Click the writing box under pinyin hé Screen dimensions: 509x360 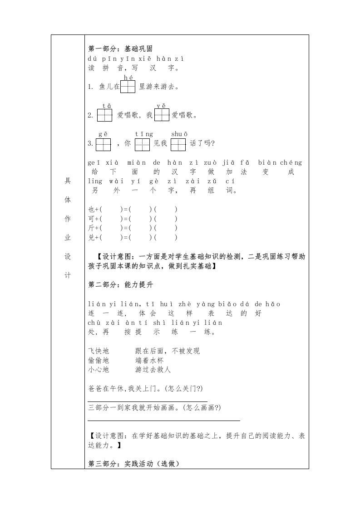click(x=128, y=87)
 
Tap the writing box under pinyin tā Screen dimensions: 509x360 click(x=104, y=115)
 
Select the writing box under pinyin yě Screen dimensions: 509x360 click(x=162, y=115)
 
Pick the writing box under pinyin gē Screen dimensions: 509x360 click(x=103, y=144)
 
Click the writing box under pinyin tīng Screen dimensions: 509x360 click(x=143, y=144)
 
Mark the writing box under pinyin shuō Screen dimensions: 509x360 click(x=178, y=144)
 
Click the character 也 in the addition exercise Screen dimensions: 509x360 click(x=91, y=209)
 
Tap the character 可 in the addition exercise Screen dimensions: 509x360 click(x=91, y=219)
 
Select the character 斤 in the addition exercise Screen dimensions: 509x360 click(x=91, y=228)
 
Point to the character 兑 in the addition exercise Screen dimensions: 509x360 click(x=91, y=237)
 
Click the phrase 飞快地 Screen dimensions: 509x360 click(x=99, y=351)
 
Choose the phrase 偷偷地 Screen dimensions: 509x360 click(x=99, y=360)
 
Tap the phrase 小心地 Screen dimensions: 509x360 click(x=99, y=370)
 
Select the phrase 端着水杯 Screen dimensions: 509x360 click(x=149, y=360)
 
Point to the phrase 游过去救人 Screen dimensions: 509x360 click(x=153, y=370)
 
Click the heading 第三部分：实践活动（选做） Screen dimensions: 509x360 click(x=134, y=464)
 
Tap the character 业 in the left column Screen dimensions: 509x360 click(x=68, y=237)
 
